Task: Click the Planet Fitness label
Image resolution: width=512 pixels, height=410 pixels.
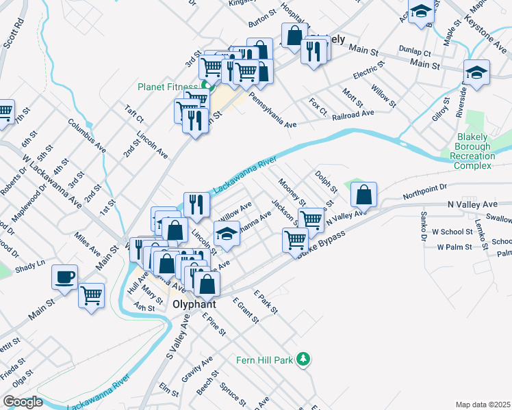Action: tap(168, 87)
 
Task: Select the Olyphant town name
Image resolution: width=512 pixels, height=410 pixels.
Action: tap(194, 304)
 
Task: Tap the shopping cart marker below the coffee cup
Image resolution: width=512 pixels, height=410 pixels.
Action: tap(91, 295)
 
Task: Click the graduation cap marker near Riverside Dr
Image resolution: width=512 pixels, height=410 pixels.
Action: tap(476, 71)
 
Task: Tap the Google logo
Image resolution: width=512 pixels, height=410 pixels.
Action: tap(23, 402)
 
